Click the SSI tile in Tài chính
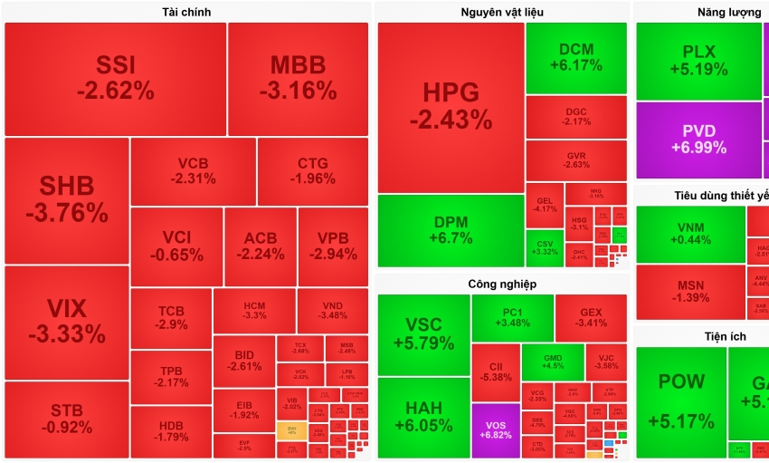115,78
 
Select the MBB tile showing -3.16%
298,78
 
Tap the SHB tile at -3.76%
67,199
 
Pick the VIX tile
67,322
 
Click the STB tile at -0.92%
67,419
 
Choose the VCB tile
193,171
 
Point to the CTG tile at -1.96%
312,171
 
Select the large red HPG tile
451,107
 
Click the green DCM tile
575,57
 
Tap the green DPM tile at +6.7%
451,230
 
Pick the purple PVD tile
698,140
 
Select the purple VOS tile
495,430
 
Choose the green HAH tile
423,417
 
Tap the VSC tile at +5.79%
423,333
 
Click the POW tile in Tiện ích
680,401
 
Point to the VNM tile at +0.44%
689,234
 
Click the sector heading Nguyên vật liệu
501,12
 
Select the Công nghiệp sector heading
502,284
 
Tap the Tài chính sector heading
186,12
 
